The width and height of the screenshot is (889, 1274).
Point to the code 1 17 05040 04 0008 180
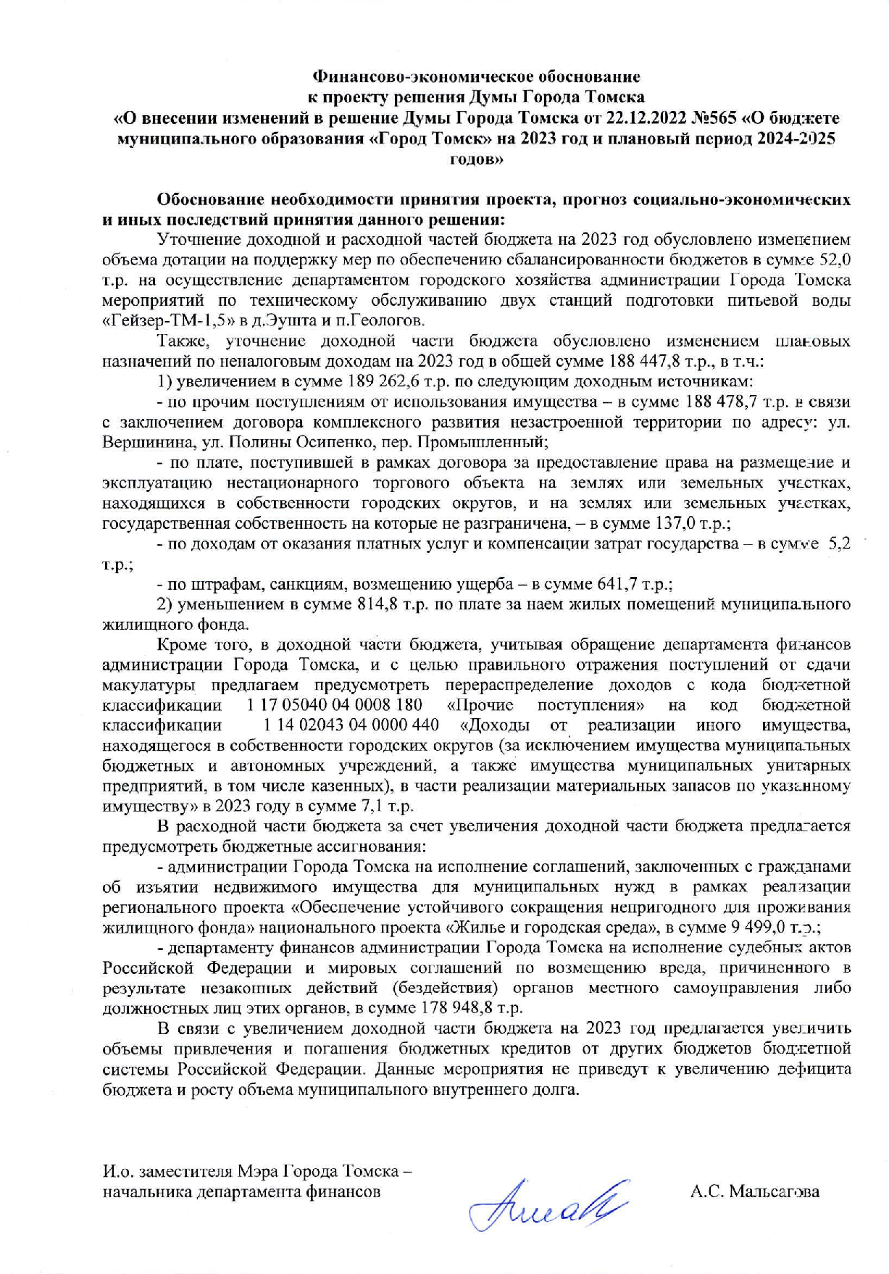click(334, 705)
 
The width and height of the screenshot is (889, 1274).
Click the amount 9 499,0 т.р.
click(775, 927)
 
